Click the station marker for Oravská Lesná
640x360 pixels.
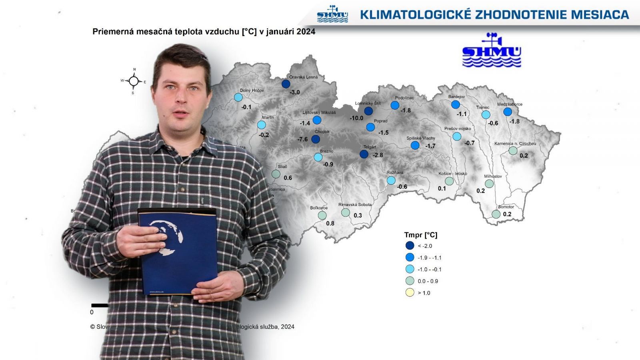(x=286, y=84)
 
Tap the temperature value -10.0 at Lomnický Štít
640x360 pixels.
(x=356, y=118)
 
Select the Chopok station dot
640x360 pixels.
(x=316, y=139)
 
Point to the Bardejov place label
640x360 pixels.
(x=457, y=97)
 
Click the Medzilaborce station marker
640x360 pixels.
(x=508, y=112)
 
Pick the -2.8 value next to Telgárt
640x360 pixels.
(x=378, y=155)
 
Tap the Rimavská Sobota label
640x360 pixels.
(x=355, y=205)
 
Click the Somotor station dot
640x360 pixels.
(x=496, y=214)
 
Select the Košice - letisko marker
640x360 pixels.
(x=450, y=181)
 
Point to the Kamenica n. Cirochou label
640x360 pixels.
(x=515, y=144)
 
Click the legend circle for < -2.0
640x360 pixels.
(x=410, y=246)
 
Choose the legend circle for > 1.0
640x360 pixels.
(x=410, y=292)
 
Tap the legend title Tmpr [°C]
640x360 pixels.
(x=421, y=235)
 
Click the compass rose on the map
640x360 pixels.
(x=134, y=82)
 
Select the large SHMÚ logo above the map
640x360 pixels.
(x=492, y=51)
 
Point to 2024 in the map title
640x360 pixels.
(x=306, y=32)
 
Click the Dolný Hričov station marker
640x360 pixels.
(x=238, y=97)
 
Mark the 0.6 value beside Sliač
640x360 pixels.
(x=288, y=178)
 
